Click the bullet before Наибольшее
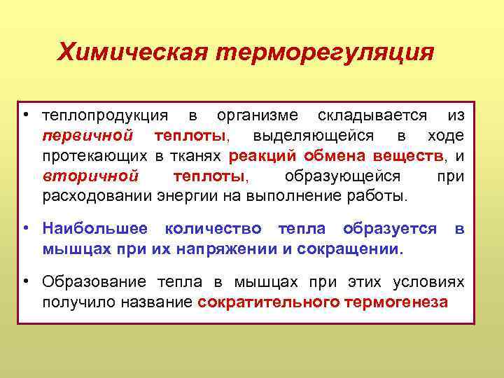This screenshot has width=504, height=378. pyautogui.click(x=24, y=228)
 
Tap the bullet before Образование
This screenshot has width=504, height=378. pyautogui.click(x=24, y=281)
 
